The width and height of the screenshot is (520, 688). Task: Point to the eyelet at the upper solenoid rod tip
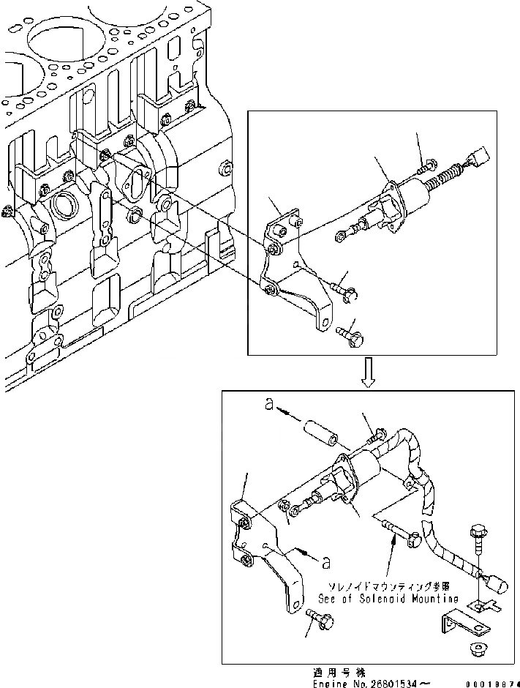(x=342, y=234)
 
